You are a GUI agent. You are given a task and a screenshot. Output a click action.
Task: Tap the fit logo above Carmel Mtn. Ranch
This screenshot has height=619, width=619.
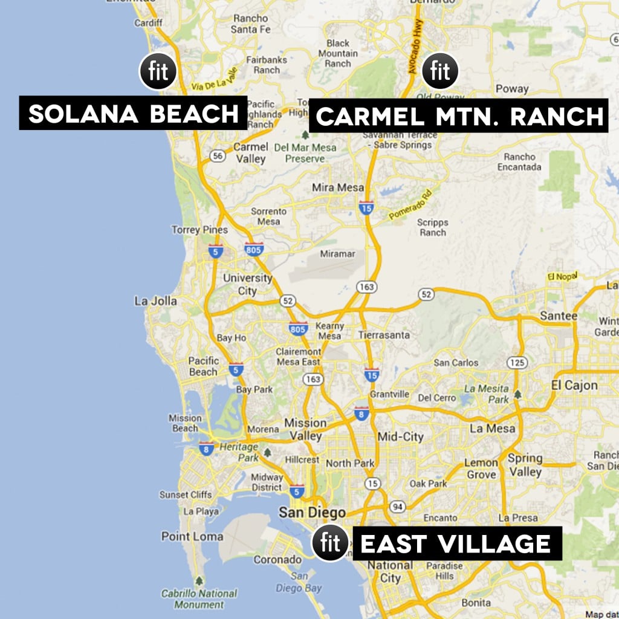click(x=440, y=71)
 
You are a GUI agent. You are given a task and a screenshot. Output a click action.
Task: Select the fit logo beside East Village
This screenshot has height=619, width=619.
click(x=330, y=543)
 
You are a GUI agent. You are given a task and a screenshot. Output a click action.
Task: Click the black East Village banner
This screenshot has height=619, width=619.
click(x=456, y=543)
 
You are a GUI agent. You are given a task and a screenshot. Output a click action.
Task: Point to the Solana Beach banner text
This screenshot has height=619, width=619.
click(x=134, y=113)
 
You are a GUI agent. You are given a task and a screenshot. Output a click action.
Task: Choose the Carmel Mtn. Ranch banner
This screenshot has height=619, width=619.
click(x=459, y=115)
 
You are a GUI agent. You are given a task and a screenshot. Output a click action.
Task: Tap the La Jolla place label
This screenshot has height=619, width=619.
click(x=156, y=301)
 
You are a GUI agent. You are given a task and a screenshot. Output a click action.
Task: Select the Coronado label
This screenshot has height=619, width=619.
click(x=277, y=560)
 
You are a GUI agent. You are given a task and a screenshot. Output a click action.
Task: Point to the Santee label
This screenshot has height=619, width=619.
click(x=558, y=316)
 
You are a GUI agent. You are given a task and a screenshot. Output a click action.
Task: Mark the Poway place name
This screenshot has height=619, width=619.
click(x=511, y=89)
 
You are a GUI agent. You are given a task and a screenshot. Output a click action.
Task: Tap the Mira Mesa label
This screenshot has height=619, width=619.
click(x=338, y=187)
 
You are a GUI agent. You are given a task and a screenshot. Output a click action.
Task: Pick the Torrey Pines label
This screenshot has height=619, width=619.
click(x=199, y=230)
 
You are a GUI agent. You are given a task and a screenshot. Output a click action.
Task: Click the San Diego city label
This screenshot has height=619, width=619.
click(x=303, y=513)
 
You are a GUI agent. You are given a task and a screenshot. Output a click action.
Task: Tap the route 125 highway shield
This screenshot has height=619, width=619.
click(x=516, y=363)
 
